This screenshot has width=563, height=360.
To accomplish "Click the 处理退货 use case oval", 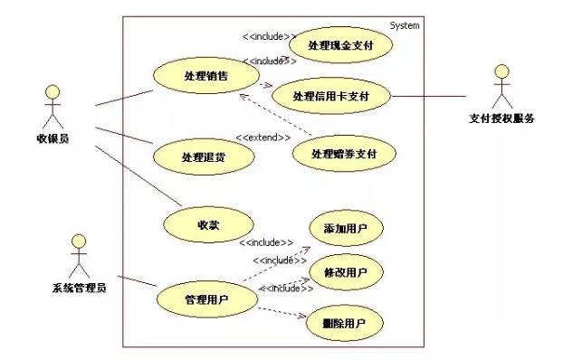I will (203, 156).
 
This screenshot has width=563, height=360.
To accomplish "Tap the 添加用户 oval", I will (345, 230).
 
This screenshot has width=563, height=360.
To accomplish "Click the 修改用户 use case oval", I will (345, 272).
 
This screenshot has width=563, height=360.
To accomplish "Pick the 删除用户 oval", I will (345, 323).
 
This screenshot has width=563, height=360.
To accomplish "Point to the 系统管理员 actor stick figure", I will (79, 257).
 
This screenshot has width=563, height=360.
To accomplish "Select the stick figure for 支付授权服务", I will (501, 86).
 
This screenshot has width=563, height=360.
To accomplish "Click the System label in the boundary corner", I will (405, 25).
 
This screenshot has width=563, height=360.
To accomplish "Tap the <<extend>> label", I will (263, 137).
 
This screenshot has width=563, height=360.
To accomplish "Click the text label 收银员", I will (52, 137).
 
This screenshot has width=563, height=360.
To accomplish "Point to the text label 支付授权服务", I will (501, 118).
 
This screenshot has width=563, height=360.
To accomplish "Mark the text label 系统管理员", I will (80, 289).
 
